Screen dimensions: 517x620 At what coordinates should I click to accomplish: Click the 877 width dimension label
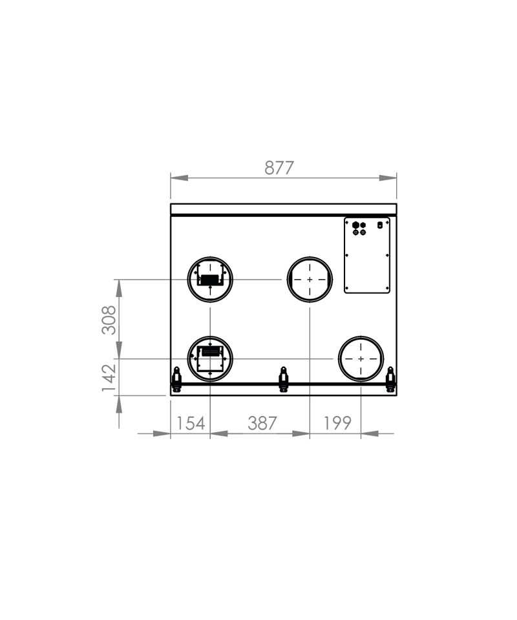coord(279,168)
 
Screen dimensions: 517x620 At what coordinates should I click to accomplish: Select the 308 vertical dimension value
coord(109,320)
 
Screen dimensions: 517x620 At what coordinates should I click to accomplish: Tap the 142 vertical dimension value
coord(109,378)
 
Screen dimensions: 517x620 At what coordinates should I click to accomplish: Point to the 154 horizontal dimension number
coord(190,423)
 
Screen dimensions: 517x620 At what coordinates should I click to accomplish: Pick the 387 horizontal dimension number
coord(262,423)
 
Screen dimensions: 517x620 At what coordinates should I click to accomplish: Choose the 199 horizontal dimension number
coord(337,423)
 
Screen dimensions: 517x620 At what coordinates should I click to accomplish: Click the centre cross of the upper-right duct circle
coord(310,280)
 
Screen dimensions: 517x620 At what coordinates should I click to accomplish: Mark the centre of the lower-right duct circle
coord(361,358)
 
